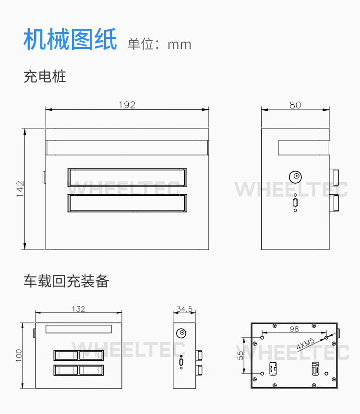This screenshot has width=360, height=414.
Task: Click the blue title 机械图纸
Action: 70,39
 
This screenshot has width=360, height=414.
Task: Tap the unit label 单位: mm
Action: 159,44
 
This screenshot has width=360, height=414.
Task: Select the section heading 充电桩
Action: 45,77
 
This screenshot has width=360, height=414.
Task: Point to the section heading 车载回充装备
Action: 66,281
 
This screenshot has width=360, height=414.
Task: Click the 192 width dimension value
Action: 127,105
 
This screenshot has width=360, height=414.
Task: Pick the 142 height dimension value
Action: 20,189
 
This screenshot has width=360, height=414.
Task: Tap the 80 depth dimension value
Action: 295,105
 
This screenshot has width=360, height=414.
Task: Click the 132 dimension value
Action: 78,309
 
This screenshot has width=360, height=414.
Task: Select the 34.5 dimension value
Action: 184,309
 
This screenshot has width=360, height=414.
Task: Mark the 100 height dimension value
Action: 19,355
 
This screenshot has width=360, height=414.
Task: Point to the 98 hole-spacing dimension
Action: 294,329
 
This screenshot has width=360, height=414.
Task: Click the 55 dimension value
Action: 240,355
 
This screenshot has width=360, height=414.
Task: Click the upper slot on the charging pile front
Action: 127,177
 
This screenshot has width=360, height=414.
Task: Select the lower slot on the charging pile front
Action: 127,203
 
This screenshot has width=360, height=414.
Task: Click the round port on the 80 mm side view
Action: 295,177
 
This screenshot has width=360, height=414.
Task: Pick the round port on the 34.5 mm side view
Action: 181,333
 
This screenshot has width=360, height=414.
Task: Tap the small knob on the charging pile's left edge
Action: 44,177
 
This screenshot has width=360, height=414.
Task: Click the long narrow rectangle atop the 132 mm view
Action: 78,329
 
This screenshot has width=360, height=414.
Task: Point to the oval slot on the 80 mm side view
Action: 295,202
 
